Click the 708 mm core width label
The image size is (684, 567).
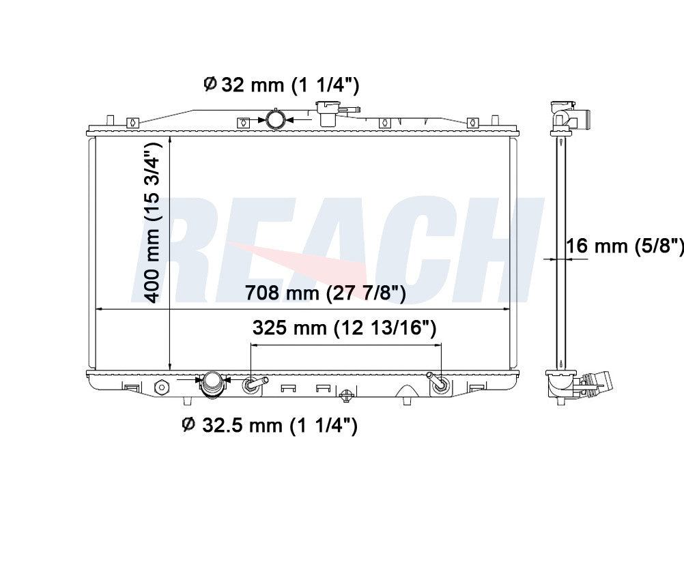[326, 293]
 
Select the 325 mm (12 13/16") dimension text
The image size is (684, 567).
[344, 328]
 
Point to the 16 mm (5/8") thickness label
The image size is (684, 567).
[625, 246]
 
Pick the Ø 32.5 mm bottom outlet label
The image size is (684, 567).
[270, 424]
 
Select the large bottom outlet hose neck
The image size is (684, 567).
[212, 384]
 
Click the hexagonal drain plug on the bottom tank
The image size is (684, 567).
[161, 386]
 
